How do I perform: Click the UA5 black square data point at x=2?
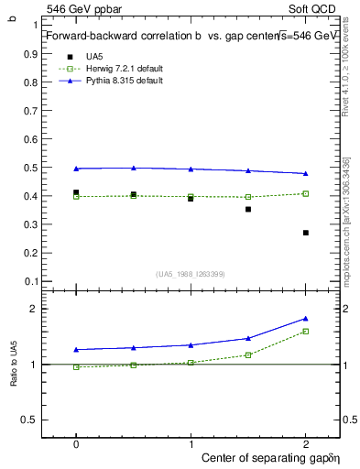[x=306, y=233]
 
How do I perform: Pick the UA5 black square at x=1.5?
[x=248, y=209]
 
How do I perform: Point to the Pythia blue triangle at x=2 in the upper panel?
[x=306, y=173]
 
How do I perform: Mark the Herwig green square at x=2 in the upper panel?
[x=306, y=193]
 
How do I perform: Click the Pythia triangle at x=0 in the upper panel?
[x=76, y=169]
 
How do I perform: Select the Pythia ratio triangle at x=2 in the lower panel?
[x=306, y=318]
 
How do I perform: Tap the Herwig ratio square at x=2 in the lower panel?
[x=306, y=331]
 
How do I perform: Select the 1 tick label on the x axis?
[x=191, y=442]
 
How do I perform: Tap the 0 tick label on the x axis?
[x=76, y=442]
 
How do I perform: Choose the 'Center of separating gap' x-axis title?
[x=266, y=456]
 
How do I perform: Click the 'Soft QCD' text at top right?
[x=317, y=7]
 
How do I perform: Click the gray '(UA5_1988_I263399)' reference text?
[x=191, y=273]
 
